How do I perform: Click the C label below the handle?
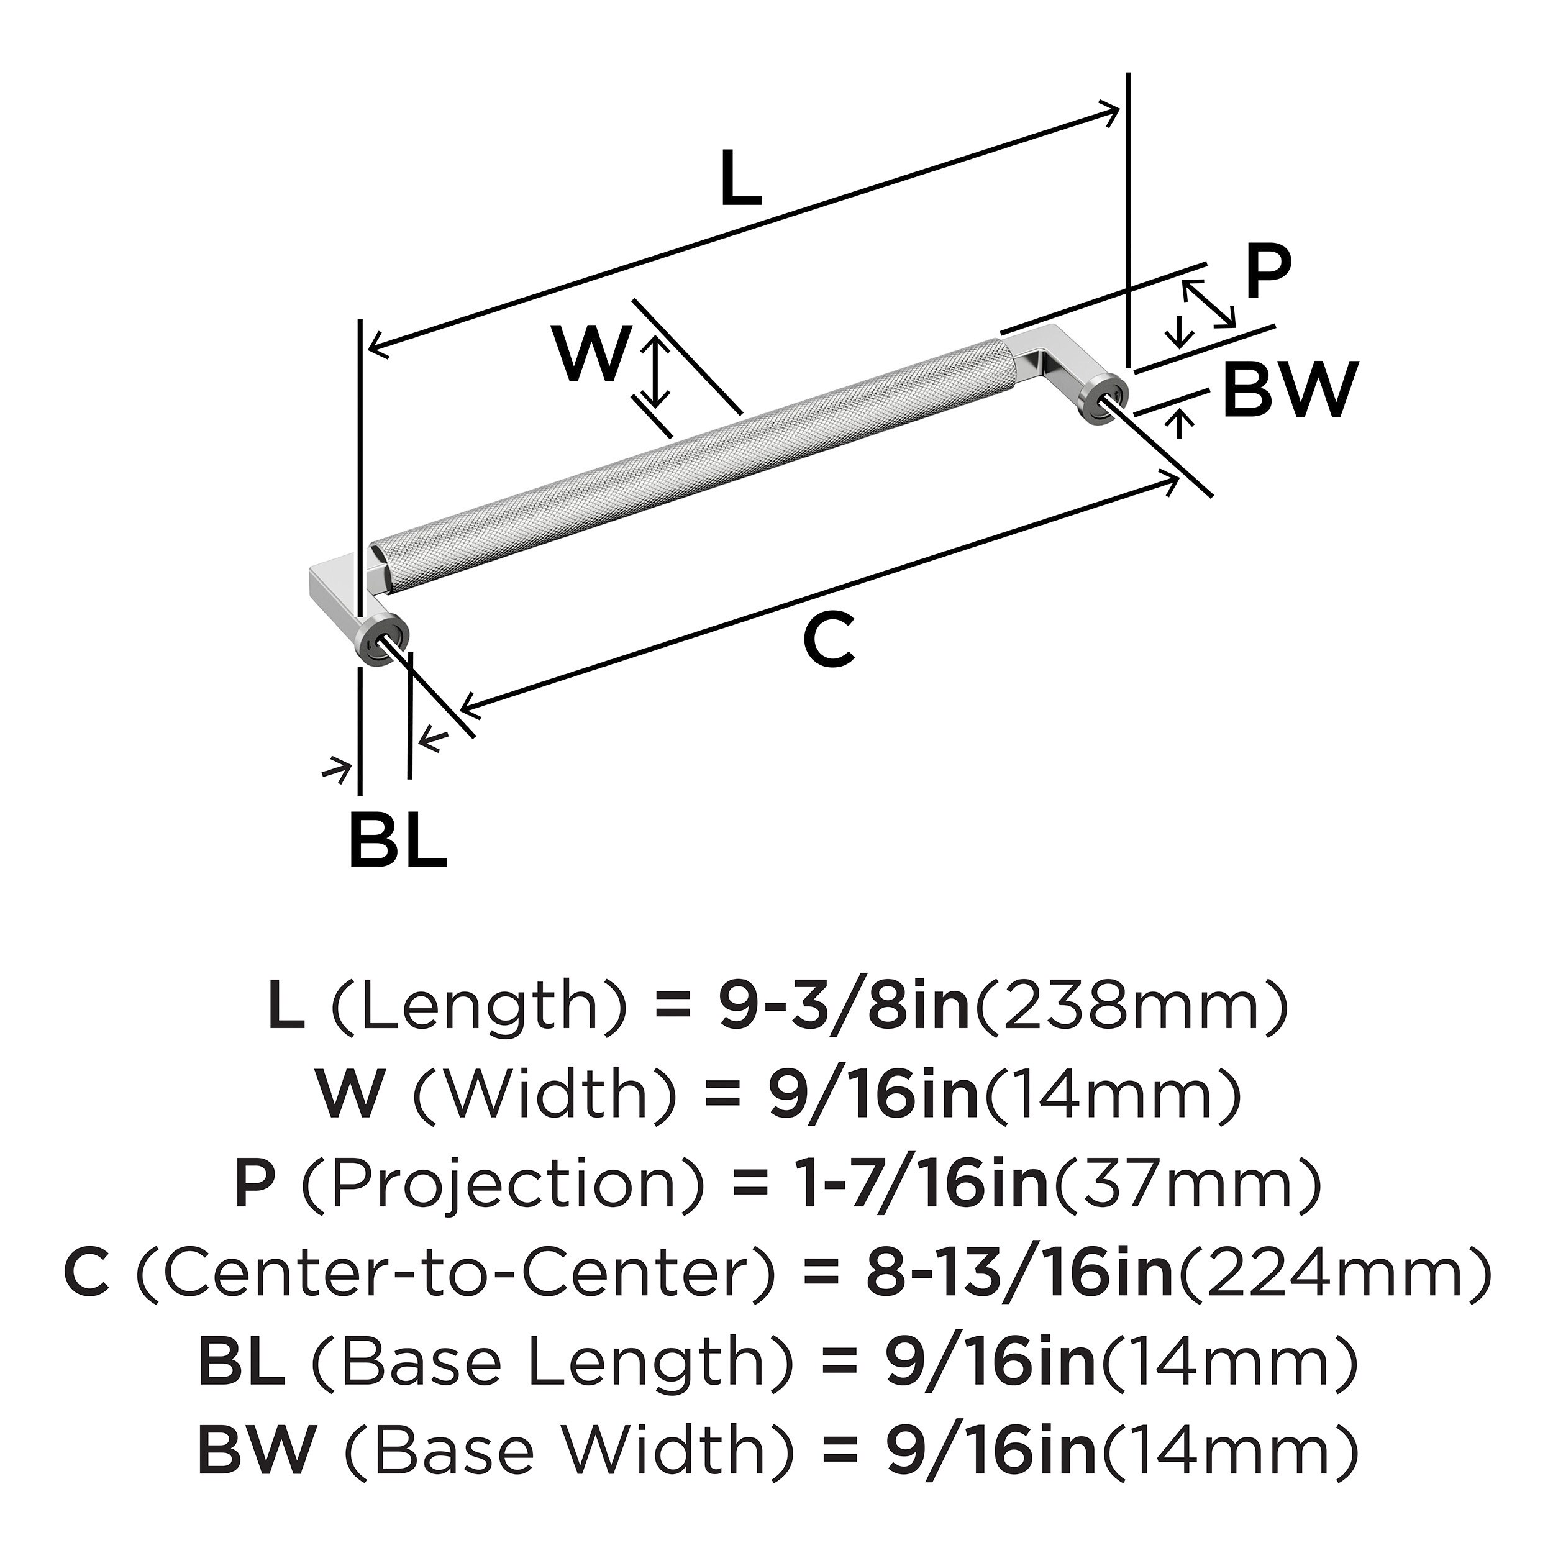click(x=829, y=640)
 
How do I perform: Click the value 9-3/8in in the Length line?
click(x=844, y=1006)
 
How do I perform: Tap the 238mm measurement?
click(x=1132, y=1006)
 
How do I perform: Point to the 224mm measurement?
click(x=1332, y=1274)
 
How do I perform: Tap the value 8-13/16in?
click(x=1020, y=1274)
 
